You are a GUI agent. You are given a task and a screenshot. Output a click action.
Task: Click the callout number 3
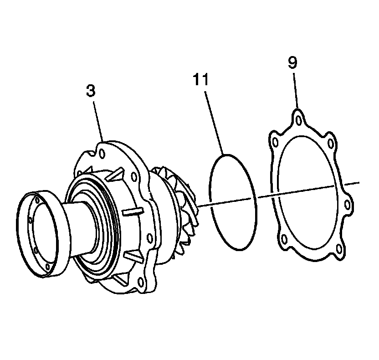91,90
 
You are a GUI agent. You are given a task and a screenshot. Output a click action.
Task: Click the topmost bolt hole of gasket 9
298,120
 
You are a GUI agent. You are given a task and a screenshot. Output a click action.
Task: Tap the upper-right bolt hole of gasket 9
331,144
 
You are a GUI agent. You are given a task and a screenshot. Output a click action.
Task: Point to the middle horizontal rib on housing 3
132,212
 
